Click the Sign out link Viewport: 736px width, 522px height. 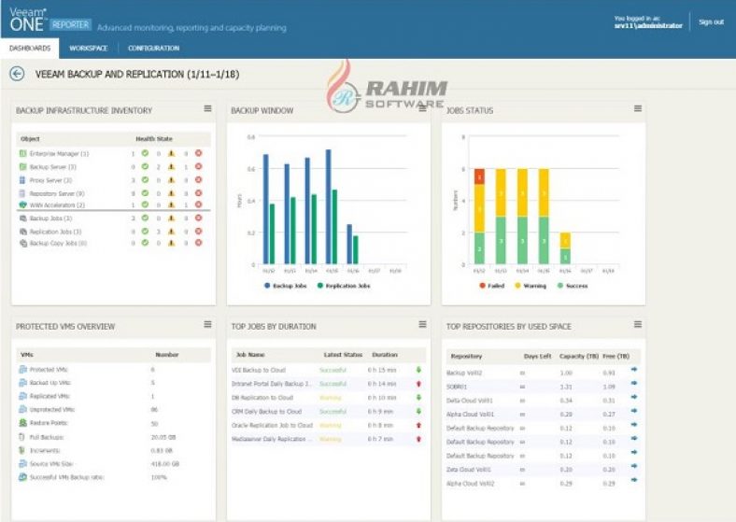point(711,21)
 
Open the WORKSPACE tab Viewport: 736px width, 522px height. point(88,48)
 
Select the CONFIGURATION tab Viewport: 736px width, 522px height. point(154,48)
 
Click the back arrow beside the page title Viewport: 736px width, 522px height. point(17,73)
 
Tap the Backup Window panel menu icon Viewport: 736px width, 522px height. point(422,108)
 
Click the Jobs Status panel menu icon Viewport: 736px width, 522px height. point(637,108)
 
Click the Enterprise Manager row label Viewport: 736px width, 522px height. point(58,153)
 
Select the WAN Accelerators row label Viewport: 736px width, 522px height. point(57,205)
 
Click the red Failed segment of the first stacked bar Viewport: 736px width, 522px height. point(479,176)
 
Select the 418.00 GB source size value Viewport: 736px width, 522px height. point(164,463)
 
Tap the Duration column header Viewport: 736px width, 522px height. point(384,355)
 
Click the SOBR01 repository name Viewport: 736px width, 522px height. point(460,386)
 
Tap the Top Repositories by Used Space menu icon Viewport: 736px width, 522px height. point(637,324)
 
